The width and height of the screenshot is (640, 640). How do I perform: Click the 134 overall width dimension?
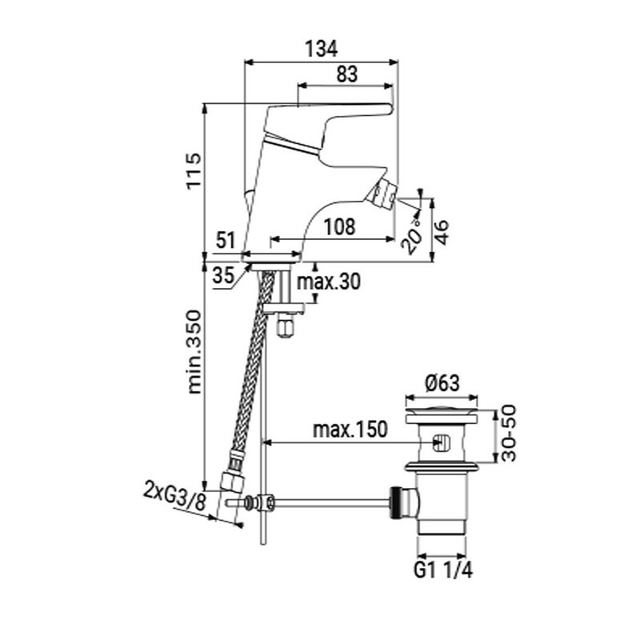(322, 49)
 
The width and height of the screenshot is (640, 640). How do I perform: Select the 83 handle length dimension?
(347, 74)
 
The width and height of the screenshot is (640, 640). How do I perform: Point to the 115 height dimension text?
(194, 170)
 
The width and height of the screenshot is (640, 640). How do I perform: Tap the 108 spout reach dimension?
(339, 226)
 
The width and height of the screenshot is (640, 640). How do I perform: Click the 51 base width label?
(226, 241)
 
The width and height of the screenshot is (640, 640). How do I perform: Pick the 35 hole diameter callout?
(224, 275)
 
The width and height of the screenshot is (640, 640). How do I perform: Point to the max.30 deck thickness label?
(329, 282)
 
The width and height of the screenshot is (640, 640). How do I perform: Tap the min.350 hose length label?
(194, 352)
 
